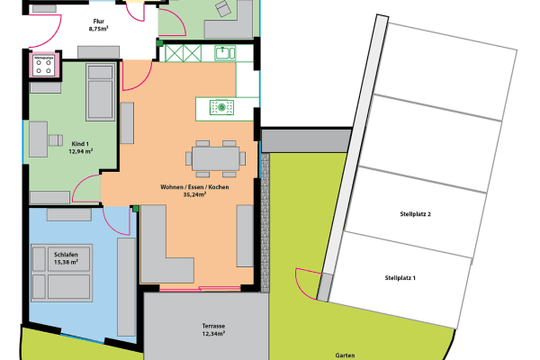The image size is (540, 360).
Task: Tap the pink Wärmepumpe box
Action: (x=43, y=66)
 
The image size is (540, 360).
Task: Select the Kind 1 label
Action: (x=81, y=143)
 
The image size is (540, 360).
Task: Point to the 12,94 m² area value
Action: (x=81, y=152)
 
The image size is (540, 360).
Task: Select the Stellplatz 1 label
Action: (x=400, y=278)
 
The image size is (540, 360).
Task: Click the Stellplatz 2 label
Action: (x=417, y=214)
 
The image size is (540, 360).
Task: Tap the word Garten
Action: (x=344, y=355)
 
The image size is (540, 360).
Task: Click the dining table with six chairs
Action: (x=216, y=159)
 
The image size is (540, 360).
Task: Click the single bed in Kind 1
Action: (x=99, y=93)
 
